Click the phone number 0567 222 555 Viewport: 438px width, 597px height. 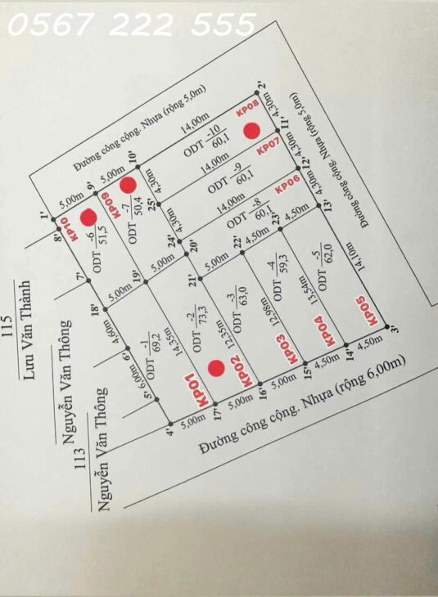pyautogui.click(x=131, y=28)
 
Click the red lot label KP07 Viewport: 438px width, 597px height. pyautogui.click(x=269, y=148)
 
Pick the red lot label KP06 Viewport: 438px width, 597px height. pyautogui.click(x=286, y=186)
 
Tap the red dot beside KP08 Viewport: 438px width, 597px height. pyautogui.click(x=252, y=130)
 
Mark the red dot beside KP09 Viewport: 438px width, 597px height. pyautogui.click(x=128, y=185)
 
